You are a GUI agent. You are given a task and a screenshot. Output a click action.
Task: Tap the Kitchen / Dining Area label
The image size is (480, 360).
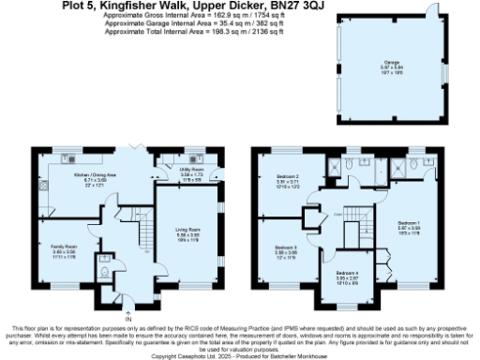95,175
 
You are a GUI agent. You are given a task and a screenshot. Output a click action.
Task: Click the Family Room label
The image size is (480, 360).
64,247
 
